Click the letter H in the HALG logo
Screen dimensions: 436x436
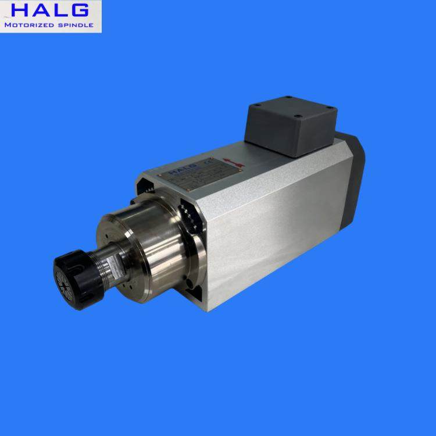17,10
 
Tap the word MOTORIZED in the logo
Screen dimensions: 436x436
30,26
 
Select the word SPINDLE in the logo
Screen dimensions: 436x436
75,26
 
